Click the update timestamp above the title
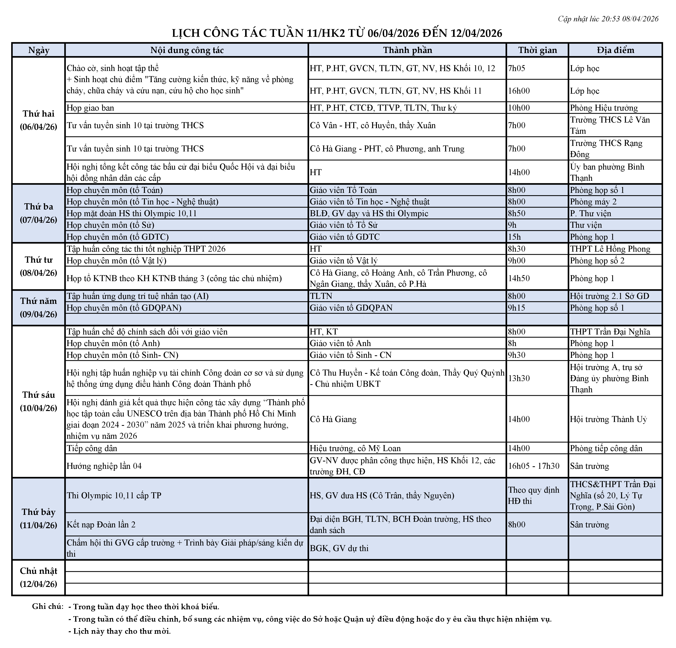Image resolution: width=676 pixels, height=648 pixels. coord(608,19)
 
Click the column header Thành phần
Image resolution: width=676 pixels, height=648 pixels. coord(407,50)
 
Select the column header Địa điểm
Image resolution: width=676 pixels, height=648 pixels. coord(615,50)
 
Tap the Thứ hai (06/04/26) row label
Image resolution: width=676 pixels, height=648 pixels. coord(39,120)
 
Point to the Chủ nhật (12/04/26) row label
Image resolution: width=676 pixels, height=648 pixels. coord(39,577)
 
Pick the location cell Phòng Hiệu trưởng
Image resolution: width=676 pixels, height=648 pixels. coord(604,108)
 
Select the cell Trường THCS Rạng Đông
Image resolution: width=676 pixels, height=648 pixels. coord(606,149)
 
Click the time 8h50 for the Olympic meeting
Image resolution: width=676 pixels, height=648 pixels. coord(517,213)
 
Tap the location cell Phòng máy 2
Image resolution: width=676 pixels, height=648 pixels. coord(593,202)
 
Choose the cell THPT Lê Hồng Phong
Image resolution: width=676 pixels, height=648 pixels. coord(610,249)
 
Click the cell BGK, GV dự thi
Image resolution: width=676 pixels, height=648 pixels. coord(339,548)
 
